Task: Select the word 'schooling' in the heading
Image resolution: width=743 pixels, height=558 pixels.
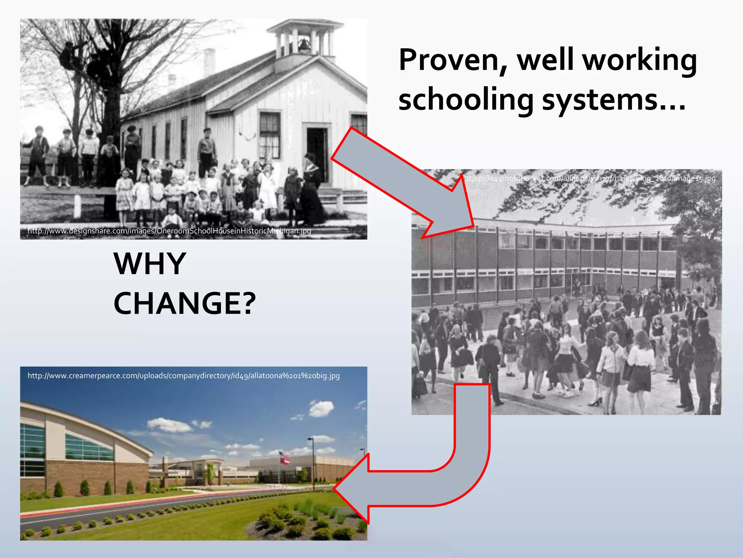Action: pyautogui.click(x=466, y=100)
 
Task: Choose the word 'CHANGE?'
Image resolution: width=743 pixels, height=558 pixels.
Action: pyautogui.click(x=185, y=304)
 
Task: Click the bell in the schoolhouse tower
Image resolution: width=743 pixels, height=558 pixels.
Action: pyautogui.click(x=303, y=45)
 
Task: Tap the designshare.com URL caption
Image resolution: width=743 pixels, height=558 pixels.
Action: pyautogui.click(x=169, y=231)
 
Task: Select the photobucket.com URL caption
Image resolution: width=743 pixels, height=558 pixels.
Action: pyautogui.click(x=590, y=178)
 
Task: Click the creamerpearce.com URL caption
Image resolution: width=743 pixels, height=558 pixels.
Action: pyautogui.click(x=184, y=376)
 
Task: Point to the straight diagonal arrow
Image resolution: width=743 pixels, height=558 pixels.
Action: pyautogui.click(x=403, y=182)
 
